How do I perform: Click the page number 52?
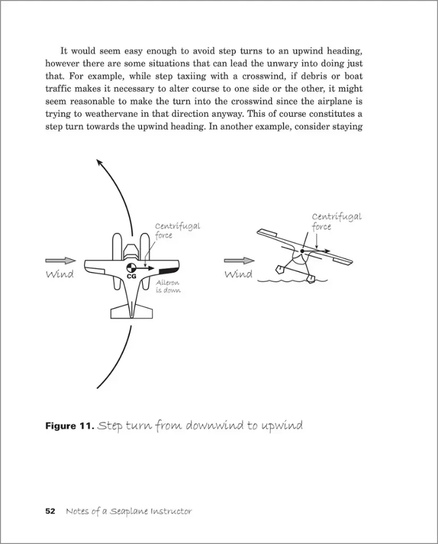50,512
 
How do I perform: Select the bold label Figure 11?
70,426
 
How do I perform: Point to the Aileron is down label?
167,287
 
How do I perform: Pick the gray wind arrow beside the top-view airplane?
60,261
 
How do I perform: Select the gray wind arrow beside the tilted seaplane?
239,261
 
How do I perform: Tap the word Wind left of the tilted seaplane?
239,274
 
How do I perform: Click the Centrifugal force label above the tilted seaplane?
336,222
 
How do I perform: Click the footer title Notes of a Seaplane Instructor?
129,512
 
